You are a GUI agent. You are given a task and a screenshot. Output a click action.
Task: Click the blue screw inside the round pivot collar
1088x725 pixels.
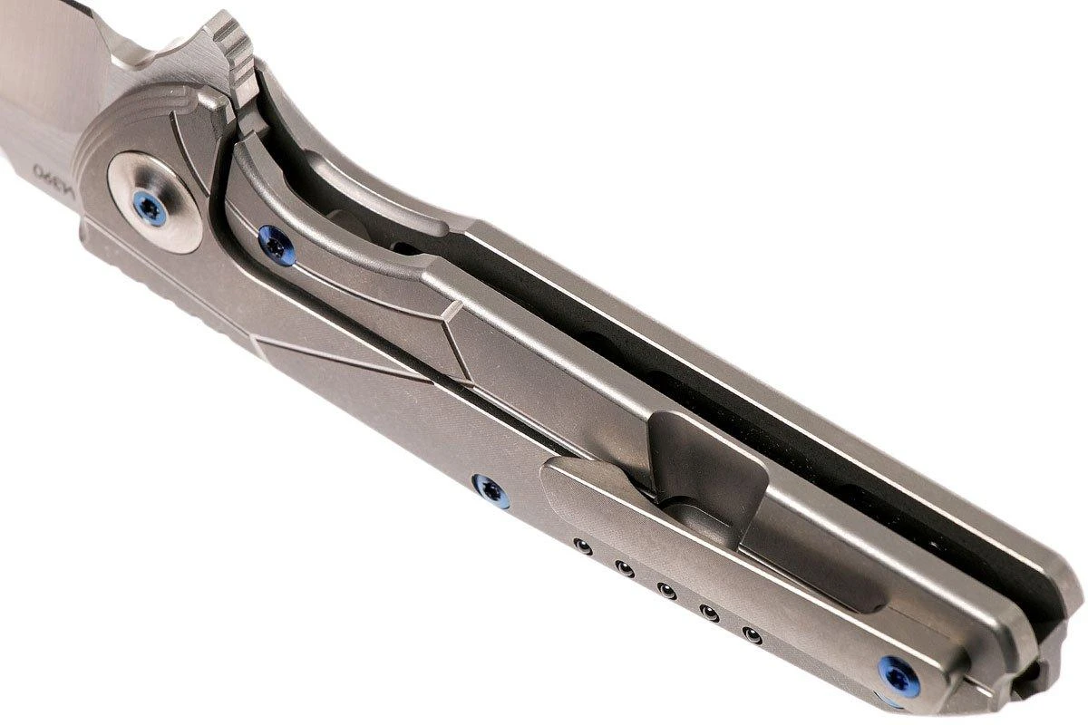click(x=150, y=209)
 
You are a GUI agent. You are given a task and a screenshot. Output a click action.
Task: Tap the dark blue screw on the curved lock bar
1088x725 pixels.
click(x=277, y=245)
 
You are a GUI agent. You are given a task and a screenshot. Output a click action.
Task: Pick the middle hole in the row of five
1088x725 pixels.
click(x=666, y=590)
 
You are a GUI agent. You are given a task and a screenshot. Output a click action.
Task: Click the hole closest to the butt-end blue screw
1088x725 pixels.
click(x=750, y=633)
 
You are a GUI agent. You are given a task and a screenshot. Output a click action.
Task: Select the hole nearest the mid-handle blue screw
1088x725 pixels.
click(x=582, y=547)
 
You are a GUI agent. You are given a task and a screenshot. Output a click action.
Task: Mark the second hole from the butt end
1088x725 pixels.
click(x=709, y=613)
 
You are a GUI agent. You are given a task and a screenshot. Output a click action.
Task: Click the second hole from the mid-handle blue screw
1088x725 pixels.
click(x=624, y=568)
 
